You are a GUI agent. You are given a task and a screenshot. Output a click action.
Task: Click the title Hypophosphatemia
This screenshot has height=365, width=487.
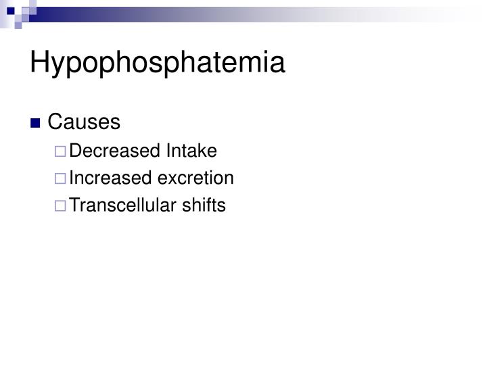158,64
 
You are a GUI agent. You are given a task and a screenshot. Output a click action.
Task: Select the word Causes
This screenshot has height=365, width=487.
84,122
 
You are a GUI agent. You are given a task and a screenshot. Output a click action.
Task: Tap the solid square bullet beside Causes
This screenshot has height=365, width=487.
54,124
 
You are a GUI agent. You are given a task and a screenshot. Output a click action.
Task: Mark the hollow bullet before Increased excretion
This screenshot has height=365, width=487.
62,179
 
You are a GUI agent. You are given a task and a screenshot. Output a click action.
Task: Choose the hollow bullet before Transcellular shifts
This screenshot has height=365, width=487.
62,206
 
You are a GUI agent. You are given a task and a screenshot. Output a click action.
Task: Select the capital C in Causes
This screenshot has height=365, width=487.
55,122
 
